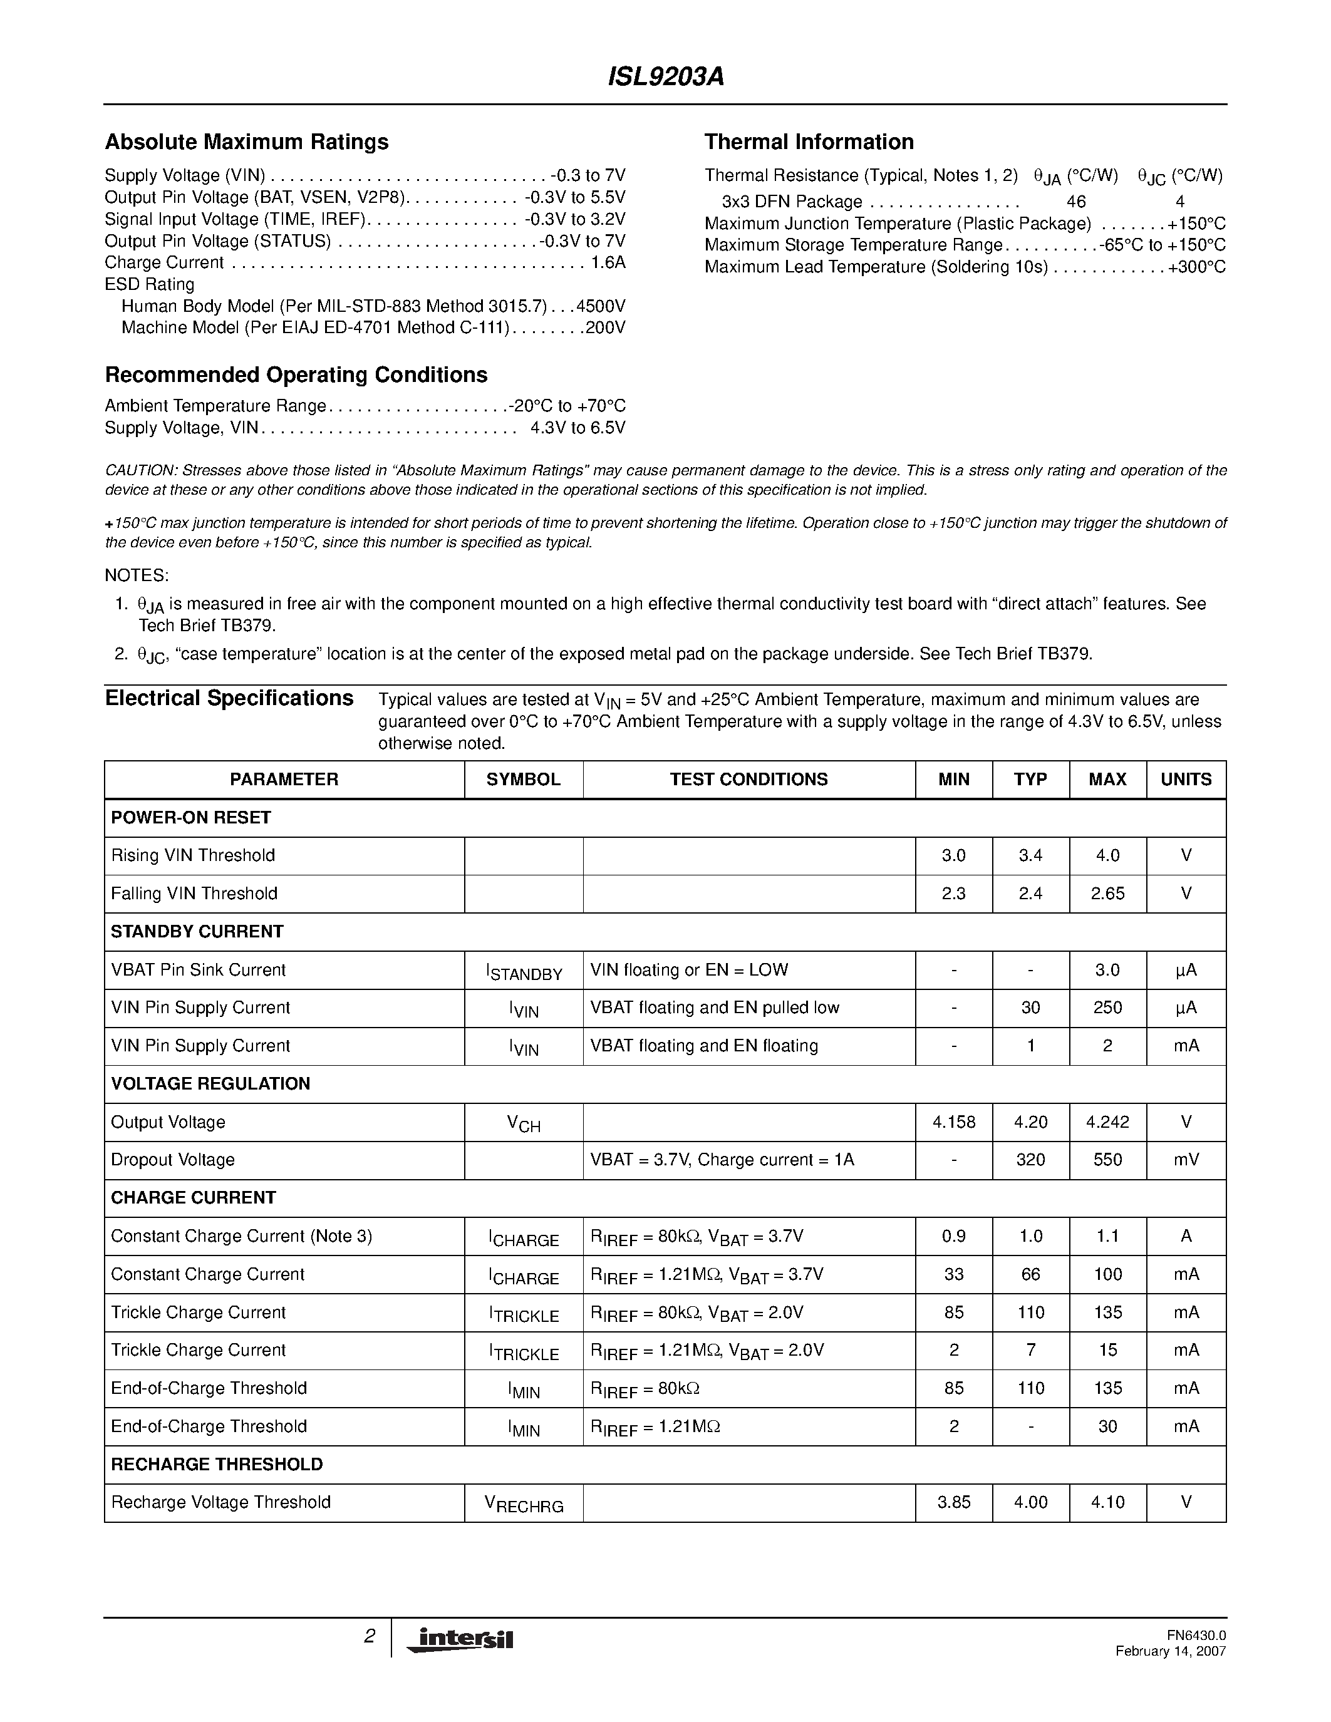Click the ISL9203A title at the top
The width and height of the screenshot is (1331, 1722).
665,76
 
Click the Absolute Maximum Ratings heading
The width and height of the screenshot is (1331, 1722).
246,142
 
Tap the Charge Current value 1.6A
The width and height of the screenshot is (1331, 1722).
608,262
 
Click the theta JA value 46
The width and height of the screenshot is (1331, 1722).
1075,202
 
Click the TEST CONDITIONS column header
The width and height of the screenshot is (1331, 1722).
748,780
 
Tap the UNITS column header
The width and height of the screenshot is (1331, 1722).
1185,780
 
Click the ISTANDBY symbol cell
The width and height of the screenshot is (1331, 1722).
524,971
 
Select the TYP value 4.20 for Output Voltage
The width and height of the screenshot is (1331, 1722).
1030,1123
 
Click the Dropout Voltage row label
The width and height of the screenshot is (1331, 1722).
173,1160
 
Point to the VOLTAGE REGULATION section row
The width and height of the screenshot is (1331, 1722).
210,1084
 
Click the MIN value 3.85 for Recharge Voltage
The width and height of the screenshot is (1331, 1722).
953,1503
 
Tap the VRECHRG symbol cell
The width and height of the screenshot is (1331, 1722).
524,1504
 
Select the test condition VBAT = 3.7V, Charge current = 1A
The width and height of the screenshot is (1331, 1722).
722,1160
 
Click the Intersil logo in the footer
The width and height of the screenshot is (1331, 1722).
460,1639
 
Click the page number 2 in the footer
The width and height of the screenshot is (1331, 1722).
369,1637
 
